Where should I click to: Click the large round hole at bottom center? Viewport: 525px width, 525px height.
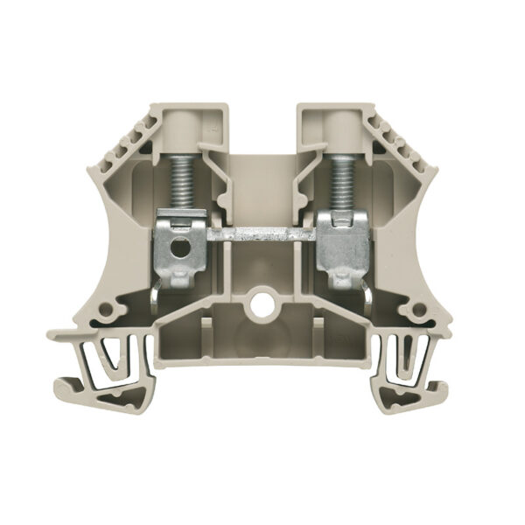point(260,307)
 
